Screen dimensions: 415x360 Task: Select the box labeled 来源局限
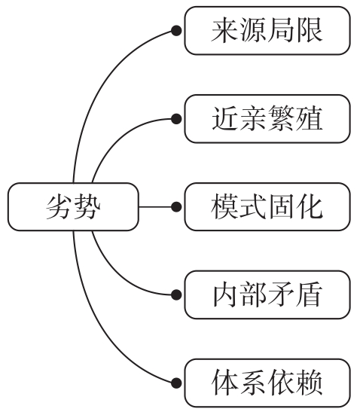[267, 31]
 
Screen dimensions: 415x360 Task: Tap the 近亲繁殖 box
[267, 118]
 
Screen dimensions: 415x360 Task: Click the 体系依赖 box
[267, 382]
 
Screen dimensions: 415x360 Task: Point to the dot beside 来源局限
[176, 31]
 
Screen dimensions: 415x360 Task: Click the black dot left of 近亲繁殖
[176, 118]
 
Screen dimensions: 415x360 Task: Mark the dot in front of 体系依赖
[176, 382]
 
